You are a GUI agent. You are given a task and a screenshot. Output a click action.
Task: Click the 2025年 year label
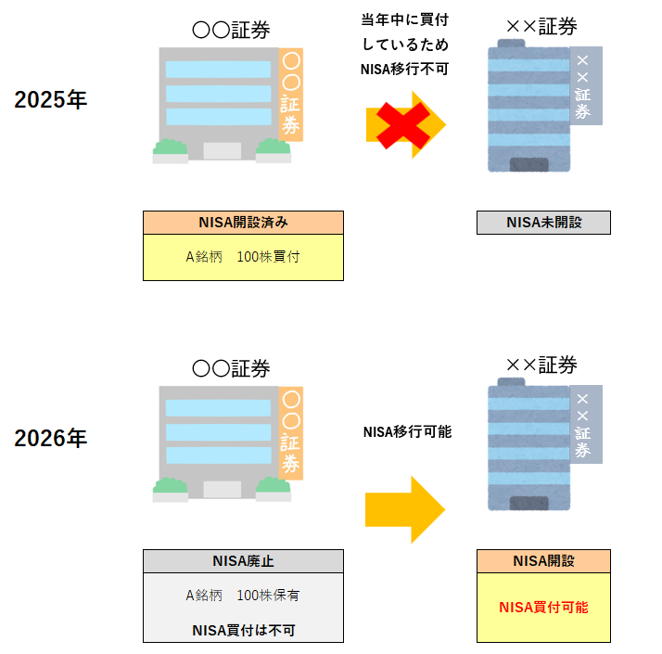(x=50, y=100)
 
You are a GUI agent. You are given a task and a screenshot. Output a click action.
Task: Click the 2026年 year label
(x=50, y=438)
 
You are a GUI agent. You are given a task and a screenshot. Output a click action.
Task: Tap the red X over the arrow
(x=400, y=124)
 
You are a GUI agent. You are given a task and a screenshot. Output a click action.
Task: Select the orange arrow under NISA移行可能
(x=405, y=509)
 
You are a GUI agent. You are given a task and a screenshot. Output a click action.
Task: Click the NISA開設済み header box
(x=243, y=223)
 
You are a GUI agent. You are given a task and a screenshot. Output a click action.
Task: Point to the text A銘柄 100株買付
(x=242, y=256)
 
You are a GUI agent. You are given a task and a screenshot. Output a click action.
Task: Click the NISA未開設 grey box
(x=543, y=223)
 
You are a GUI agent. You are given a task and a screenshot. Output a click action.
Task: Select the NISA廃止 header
(x=243, y=561)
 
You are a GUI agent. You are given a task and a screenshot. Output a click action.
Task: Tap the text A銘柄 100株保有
(x=242, y=595)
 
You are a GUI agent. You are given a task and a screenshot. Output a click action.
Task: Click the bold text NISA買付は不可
(x=242, y=630)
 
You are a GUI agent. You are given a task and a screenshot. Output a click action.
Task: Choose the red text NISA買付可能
(x=543, y=608)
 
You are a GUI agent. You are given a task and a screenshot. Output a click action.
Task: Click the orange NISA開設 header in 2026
(x=543, y=561)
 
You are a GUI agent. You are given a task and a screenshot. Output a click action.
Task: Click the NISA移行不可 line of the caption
(x=406, y=68)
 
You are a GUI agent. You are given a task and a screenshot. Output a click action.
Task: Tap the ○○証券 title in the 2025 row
(x=231, y=31)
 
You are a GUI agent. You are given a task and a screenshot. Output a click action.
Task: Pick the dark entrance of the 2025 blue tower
(x=528, y=165)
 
